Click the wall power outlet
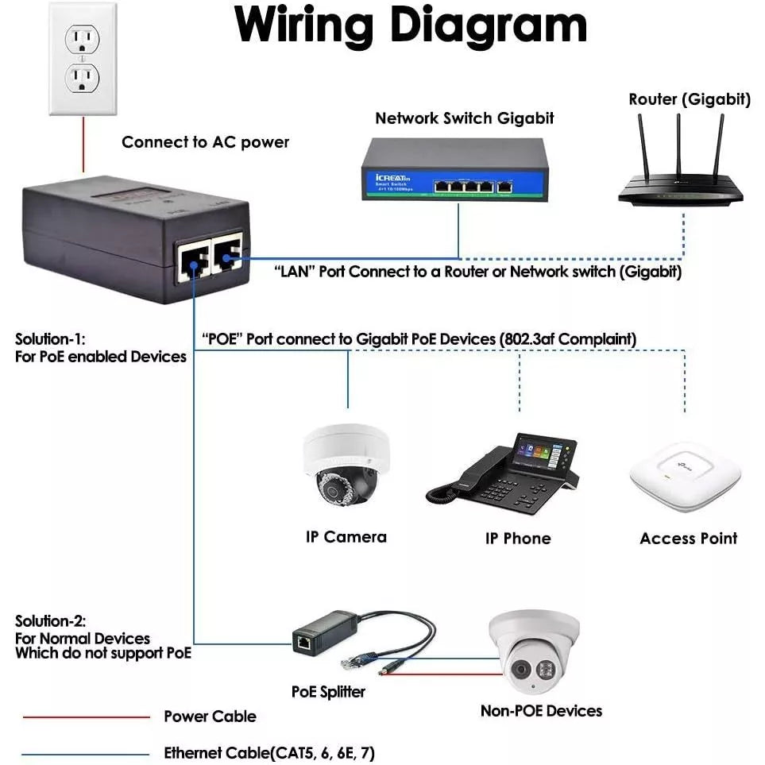(x=83, y=59)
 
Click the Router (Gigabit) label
(x=689, y=99)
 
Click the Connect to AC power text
(x=205, y=142)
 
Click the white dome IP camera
(x=346, y=469)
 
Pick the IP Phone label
(x=518, y=539)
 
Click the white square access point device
(x=685, y=476)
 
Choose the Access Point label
(x=688, y=539)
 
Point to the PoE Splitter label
(x=328, y=691)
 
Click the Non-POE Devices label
(x=541, y=711)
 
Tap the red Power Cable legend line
(x=86, y=717)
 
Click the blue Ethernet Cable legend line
(x=86, y=754)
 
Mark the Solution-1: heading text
(x=50, y=339)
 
